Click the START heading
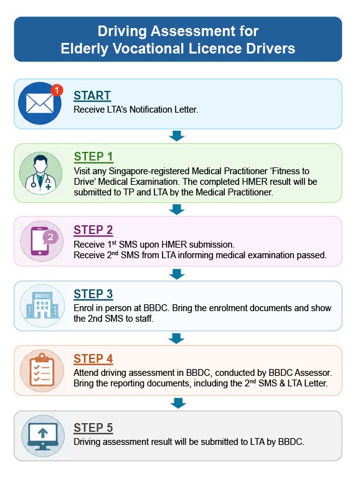[92, 95]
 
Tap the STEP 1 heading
[93, 156]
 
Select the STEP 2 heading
[93, 230]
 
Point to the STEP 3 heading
[93, 294]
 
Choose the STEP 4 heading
[93, 358]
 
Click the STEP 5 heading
[93, 427]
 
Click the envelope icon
[40, 103]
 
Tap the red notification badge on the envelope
[57, 90]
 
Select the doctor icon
[41, 173]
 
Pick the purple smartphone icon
[42, 241]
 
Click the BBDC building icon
[42, 306]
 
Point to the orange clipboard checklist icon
[42, 370]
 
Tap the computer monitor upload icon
[43, 436]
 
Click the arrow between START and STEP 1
[177, 136]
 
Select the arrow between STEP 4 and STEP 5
[178, 403]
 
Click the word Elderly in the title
[84, 49]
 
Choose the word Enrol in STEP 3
[83, 307]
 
